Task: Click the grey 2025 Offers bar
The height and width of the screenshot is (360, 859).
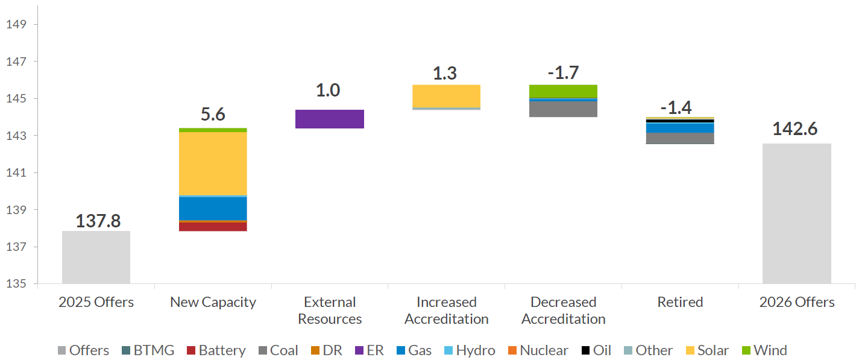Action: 96,257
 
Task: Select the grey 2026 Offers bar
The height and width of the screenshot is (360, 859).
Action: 796,213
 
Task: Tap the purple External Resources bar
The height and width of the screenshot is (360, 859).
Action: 329,119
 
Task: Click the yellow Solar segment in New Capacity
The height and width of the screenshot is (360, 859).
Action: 213,163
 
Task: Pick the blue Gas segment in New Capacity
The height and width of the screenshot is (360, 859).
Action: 213,209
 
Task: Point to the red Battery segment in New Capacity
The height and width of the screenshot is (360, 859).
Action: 213,227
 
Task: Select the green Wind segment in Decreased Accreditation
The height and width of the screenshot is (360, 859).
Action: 563,91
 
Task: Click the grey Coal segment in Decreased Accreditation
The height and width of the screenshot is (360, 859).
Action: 563,109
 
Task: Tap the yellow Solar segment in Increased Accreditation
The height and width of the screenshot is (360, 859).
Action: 446,96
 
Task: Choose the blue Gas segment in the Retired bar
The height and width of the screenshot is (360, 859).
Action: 680,128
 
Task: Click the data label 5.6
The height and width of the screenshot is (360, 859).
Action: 213,114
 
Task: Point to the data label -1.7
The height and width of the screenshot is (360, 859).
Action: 563,72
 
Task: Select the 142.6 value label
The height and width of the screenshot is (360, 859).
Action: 795,128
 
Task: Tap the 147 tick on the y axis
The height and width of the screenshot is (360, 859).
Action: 16,62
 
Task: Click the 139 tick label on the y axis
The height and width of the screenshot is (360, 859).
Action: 16,210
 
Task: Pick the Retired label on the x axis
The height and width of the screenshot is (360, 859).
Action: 680,302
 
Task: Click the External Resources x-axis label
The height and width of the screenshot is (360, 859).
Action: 330,311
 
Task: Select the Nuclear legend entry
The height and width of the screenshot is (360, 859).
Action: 538,350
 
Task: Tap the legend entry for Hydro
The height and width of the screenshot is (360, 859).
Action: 470,350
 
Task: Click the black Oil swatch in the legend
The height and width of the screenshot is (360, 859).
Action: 585,350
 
